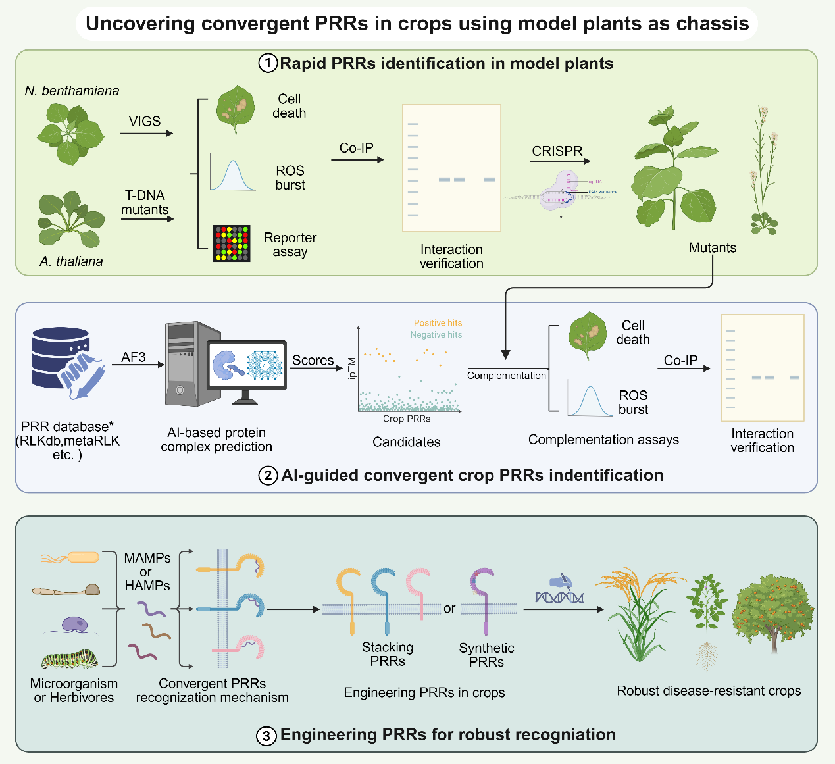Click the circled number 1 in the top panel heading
pyautogui.click(x=268, y=64)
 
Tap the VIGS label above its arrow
pyautogui.click(x=145, y=122)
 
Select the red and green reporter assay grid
pyautogui.click(x=232, y=243)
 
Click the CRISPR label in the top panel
pyautogui.click(x=557, y=151)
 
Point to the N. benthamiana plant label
pyautogui.click(x=72, y=91)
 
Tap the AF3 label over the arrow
pyautogui.click(x=134, y=357)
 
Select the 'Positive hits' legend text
pyautogui.click(x=438, y=323)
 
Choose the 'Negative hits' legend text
pyautogui.click(x=436, y=335)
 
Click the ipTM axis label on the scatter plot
pyautogui.click(x=352, y=369)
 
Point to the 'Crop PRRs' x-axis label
pyautogui.click(x=407, y=419)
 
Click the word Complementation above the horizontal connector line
pyautogui.click(x=506, y=376)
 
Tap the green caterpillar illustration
pyautogui.click(x=70, y=659)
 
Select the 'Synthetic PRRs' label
pyautogui.click(x=486, y=655)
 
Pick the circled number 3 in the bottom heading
pyautogui.click(x=266, y=736)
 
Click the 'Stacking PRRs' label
pyautogui.click(x=388, y=654)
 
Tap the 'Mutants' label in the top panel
pyautogui.click(x=713, y=248)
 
